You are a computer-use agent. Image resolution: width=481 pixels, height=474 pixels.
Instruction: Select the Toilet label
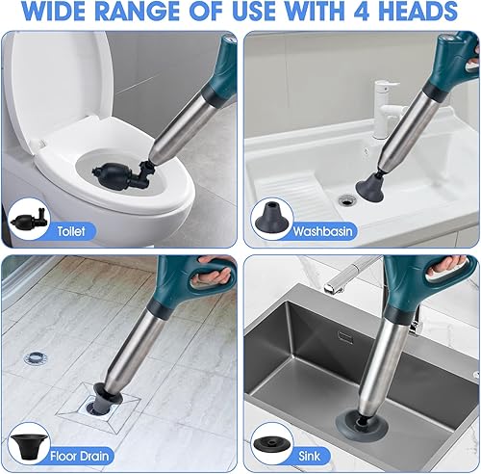71,231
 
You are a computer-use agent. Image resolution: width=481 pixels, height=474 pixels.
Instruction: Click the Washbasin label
323,231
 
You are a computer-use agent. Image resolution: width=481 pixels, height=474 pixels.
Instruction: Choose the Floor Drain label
80,456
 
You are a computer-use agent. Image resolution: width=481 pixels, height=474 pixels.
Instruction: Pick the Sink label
309,456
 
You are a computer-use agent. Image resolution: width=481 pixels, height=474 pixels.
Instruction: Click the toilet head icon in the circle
29,219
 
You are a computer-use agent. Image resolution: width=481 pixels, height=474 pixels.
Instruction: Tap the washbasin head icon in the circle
272,216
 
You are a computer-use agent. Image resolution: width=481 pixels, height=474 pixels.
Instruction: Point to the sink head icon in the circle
272,444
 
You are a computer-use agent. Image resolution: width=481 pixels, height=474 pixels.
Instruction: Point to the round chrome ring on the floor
36,357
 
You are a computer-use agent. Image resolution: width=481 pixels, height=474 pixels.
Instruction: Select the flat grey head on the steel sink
362,425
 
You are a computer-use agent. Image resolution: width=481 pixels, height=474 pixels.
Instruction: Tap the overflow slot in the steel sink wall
345,338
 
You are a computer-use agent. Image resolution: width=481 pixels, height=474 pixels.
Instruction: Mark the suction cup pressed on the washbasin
369,189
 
